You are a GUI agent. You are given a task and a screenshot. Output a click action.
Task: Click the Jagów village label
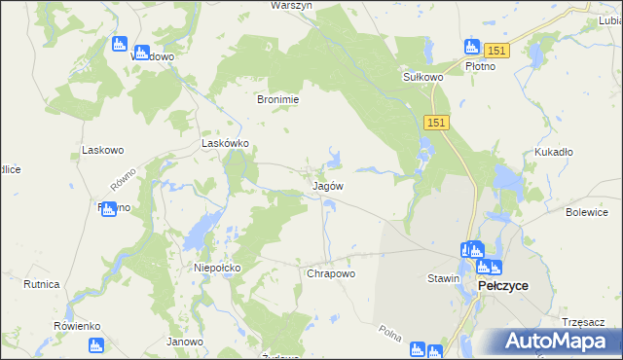[327, 185]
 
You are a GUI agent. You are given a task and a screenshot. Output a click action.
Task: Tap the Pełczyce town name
[502, 285]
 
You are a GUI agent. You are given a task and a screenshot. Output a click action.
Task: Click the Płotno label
[480, 66]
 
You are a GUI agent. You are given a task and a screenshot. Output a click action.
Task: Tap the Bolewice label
[587, 211]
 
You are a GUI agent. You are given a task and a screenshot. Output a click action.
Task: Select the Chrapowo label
[331, 273]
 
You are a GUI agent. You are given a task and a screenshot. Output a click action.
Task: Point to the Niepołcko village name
[217, 267]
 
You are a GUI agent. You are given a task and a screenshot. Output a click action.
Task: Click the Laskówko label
[225, 142]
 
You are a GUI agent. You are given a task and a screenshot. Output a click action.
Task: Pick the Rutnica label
[41, 284]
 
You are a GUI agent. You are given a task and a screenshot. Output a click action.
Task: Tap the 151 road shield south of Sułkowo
[435, 121]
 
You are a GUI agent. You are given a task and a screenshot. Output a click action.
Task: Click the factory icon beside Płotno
[472, 47]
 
